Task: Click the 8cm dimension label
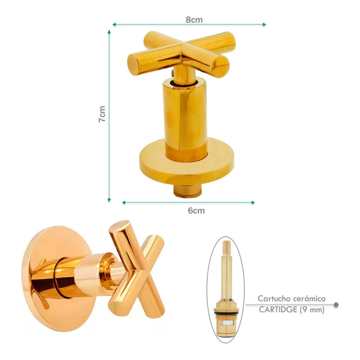click(x=194, y=20)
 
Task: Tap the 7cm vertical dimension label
click(x=102, y=114)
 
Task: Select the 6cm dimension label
click(x=196, y=211)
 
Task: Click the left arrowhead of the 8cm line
click(x=114, y=24)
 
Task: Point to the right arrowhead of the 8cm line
click(x=264, y=24)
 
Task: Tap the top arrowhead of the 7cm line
click(x=109, y=32)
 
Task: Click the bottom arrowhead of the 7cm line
click(x=109, y=200)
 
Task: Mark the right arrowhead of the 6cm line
click(x=253, y=202)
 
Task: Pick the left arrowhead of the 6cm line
click(x=124, y=202)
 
